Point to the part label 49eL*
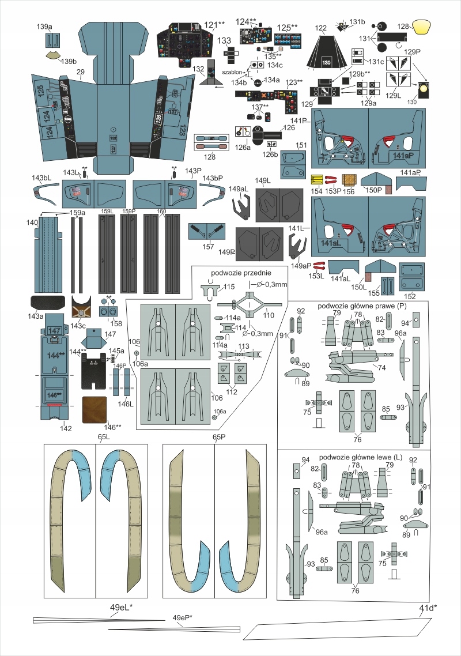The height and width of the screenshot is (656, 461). pyautogui.click(x=122, y=608)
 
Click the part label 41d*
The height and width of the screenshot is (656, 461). pyautogui.click(x=424, y=607)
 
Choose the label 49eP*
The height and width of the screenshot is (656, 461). pyautogui.click(x=182, y=619)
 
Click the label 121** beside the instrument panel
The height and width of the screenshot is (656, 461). pyautogui.click(x=214, y=25)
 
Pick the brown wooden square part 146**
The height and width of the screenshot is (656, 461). pyautogui.click(x=95, y=409)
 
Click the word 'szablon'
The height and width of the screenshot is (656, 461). pyautogui.click(x=232, y=73)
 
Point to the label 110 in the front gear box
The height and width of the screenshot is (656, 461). pyautogui.click(x=268, y=316)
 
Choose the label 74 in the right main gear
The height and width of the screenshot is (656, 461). pyautogui.click(x=381, y=367)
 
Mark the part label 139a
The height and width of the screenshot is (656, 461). pyautogui.click(x=44, y=27)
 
